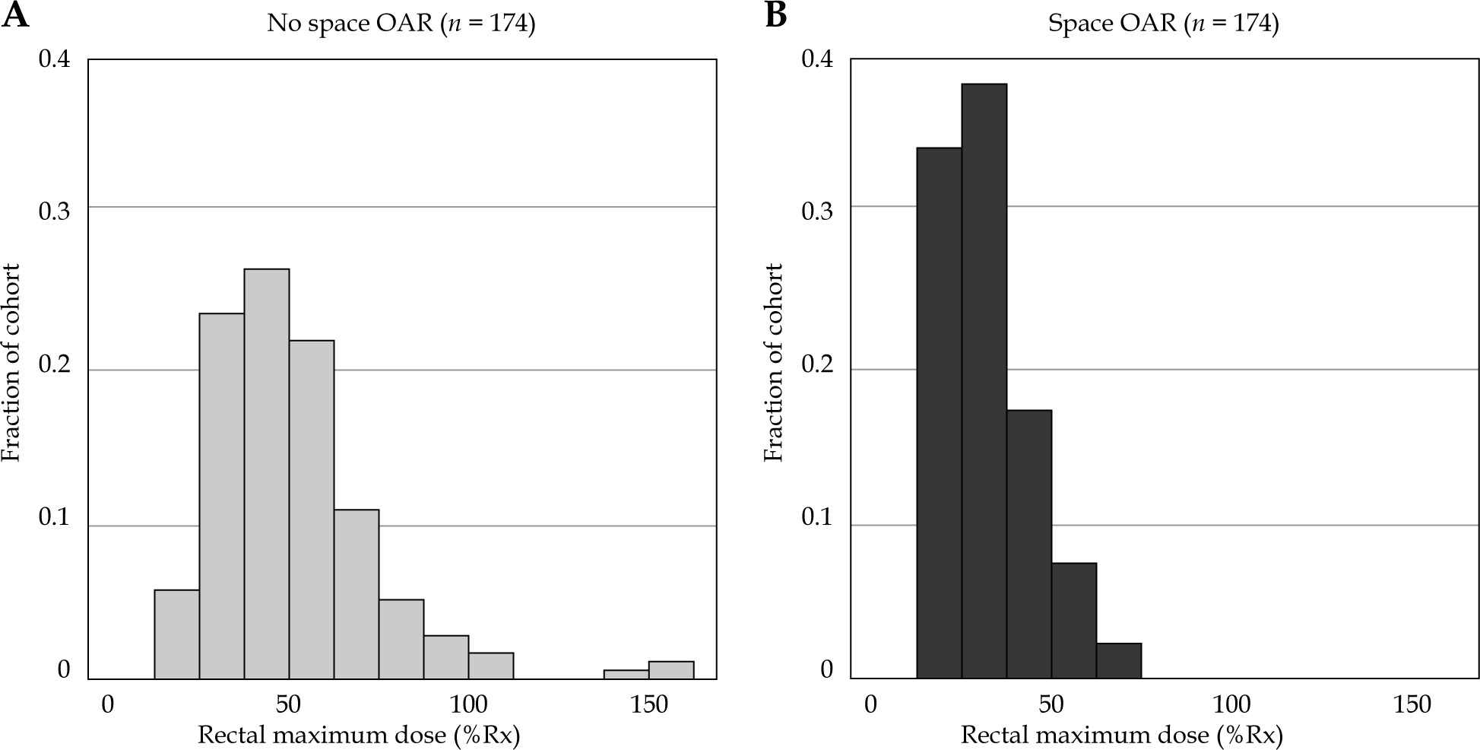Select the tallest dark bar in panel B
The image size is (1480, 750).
pos(984,380)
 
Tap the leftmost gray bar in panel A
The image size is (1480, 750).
pos(176,634)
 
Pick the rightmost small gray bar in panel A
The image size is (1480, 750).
pos(671,670)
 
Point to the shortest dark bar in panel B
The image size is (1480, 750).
pos(1118,660)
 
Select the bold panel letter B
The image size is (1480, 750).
pos(775,15)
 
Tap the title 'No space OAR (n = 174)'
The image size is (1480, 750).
pos(401,24)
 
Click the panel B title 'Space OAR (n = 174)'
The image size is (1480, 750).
pos(1163,24)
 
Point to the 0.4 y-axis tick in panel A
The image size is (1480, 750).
pos(54,59)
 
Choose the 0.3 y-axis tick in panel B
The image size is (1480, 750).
pos(817,210)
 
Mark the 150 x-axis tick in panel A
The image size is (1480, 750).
pos(650,704)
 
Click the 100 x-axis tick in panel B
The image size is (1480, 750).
pos(1231,704)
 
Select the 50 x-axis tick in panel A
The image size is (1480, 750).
pos(288,704)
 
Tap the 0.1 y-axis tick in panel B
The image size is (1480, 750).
pos(817,517)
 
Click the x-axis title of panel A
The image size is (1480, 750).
pos(359,736)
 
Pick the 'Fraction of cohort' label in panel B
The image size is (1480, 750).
pos(773,363)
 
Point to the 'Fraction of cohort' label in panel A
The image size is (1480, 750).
pos(11,363)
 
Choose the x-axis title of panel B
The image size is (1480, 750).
pos(1121,736)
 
